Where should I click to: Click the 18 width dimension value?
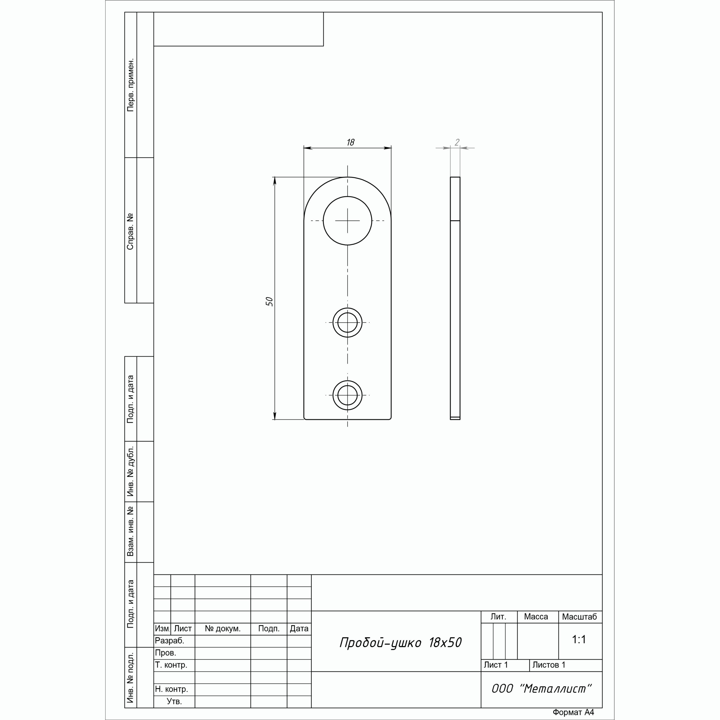pos(350,142)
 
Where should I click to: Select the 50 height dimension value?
pos(269,301)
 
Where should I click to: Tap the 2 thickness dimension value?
pos(457,142)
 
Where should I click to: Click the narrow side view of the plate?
pos(455,298)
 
